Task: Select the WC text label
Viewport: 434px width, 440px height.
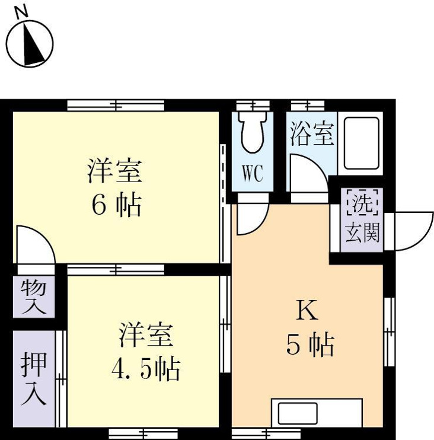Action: tap(251, 174)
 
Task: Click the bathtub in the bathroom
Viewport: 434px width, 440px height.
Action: tap(361, 143)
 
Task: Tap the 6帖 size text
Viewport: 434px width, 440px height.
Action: tap(116, 206)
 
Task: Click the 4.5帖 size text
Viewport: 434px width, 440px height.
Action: tap(146, 370)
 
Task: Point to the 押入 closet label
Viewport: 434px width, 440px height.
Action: tap(33, 380)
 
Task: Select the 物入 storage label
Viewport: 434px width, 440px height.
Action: tap(33, 297)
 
